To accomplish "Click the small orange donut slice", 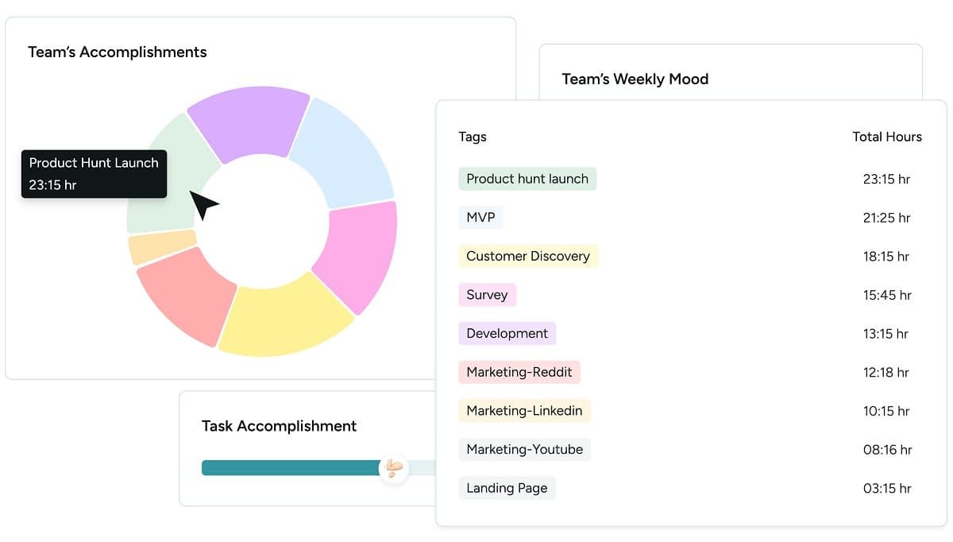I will click(x=161, y=247).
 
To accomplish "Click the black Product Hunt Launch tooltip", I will click(x=94, y=174).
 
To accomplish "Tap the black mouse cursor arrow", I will click(x=202, y=204).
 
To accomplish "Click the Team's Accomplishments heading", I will click(x=118, y=52).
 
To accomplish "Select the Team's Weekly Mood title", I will click(x=635, y=79).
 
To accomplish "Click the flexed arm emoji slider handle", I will click(x=393, y=467).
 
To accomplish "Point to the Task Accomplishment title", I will click(x=279, y=426).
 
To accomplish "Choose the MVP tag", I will click(x=480, y=218).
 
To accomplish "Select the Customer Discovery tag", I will click(x=528, y=256).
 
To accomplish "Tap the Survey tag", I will click(x=487, y=295).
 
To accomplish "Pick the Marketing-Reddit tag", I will click(x=519, y=372).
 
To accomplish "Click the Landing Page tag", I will click(x=507, y=488).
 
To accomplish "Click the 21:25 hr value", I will click(x=886, y=218).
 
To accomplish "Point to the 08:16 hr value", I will click(x=886, y=450).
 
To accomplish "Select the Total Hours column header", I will click(x=887, y=137).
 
